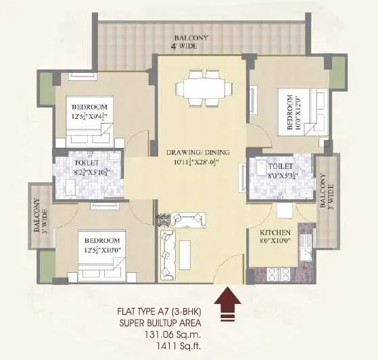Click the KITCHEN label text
[275, 230]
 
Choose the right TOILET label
[279, 165]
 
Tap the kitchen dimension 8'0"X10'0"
[275, 240]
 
